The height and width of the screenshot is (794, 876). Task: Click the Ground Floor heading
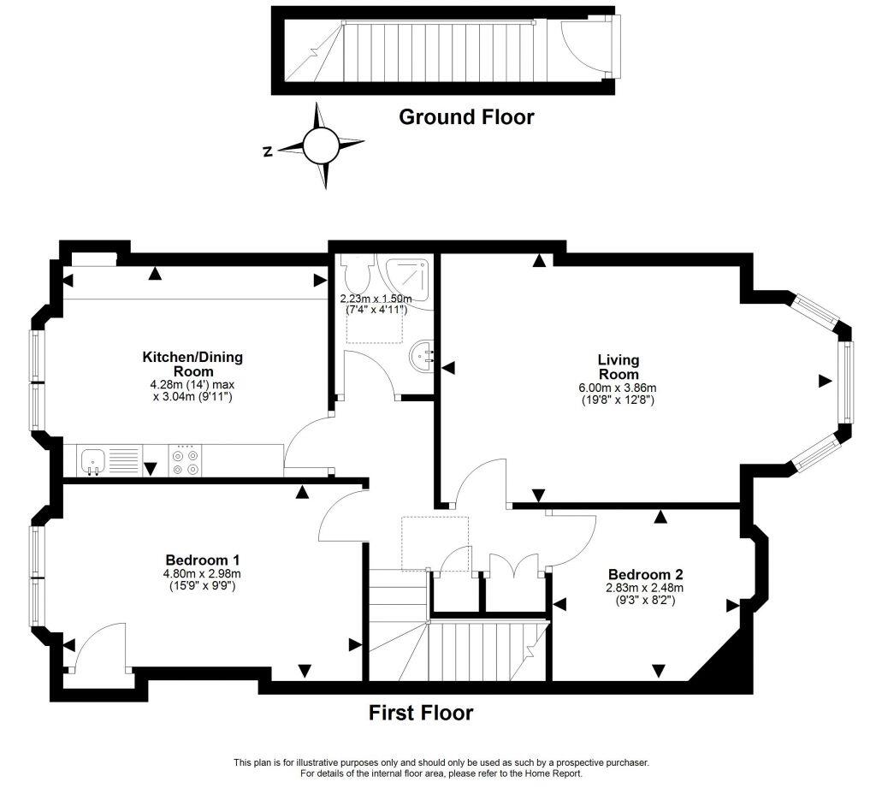click(466, 117)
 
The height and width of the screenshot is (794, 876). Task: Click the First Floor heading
click(421, 712)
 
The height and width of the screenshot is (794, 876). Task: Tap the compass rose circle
click(322, 145)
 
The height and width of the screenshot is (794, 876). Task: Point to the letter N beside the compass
click(268, 151)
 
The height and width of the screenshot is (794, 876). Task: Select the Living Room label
click(618, 367)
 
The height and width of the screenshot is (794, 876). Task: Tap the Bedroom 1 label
click(202, 560)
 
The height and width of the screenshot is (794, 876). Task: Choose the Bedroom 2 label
click(646, 574)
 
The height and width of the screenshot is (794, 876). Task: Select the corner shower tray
click(407, 276)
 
